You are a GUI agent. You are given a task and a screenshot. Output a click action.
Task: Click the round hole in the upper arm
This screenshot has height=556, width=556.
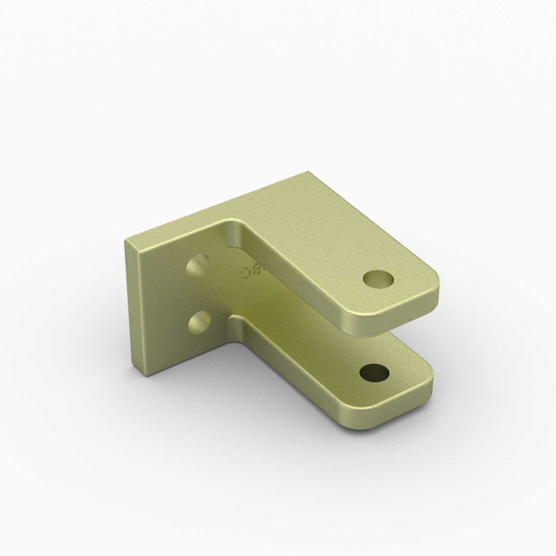(x=377, y=278)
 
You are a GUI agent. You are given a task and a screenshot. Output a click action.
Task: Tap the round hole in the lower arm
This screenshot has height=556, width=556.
(x=373, y=373)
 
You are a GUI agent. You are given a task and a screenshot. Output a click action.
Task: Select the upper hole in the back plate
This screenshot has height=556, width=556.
(x=197, y=265)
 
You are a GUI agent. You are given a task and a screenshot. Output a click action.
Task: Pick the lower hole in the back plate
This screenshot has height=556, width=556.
(x=200, y=323)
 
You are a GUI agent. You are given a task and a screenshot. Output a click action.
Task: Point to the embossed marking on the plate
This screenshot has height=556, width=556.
(x=252, y=272)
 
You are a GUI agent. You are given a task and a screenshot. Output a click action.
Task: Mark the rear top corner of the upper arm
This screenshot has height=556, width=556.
(x=306, y=174)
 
